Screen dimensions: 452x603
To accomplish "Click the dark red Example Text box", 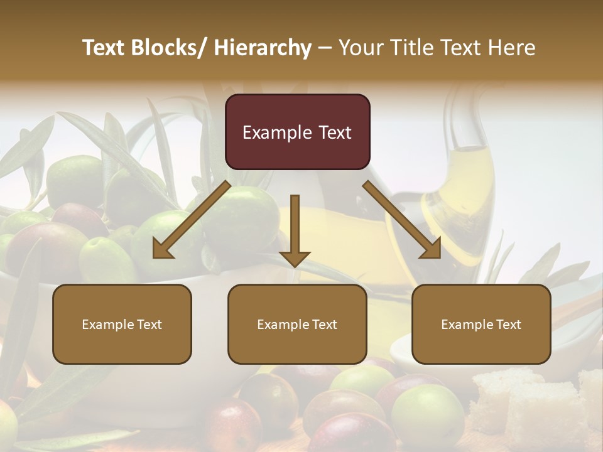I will click(297, 132).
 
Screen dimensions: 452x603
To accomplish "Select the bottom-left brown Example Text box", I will click(122, 324).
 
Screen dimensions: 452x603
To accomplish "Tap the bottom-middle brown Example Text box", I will click(297, 324).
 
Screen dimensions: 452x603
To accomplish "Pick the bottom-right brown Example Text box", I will click(481, 324).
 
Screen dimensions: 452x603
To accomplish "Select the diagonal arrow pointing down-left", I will click(192, 220).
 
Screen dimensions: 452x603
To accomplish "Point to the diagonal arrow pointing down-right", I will click(402, 220).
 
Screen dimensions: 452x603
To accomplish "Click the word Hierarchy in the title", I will click(263, 48).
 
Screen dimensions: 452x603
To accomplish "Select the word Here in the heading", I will click(511, 48).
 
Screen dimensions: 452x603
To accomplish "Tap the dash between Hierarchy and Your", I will click(325, 48).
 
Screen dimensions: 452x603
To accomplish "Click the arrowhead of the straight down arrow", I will click(295, 258).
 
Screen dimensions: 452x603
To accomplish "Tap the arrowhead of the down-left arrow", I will click(162, 249).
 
